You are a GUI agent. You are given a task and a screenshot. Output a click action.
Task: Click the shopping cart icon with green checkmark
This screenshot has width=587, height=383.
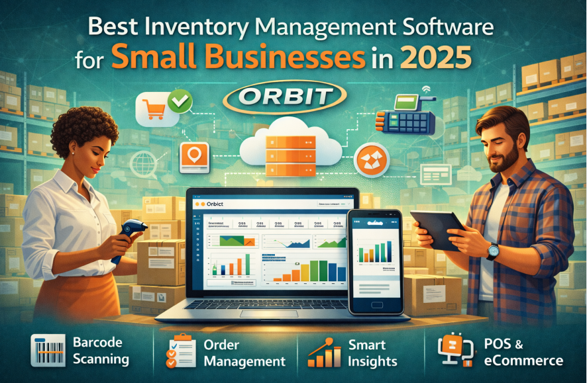click(x=163, y=108)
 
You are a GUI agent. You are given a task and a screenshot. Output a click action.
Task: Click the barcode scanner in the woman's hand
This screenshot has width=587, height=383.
click(x=131, y=232)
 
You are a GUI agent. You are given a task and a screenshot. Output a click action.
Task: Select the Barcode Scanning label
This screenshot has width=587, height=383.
click(x=101, y=352)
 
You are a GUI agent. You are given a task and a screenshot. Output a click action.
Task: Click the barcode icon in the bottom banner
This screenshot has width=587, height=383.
click(x=48, y=351)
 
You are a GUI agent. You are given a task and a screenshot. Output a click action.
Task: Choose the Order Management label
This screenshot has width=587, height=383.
click(x=244, y=353)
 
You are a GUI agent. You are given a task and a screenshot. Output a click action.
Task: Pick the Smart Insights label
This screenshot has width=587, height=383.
click(x=373, y=353)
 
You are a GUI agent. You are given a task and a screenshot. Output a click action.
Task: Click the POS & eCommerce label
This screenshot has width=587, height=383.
click(x=523, y=353)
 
